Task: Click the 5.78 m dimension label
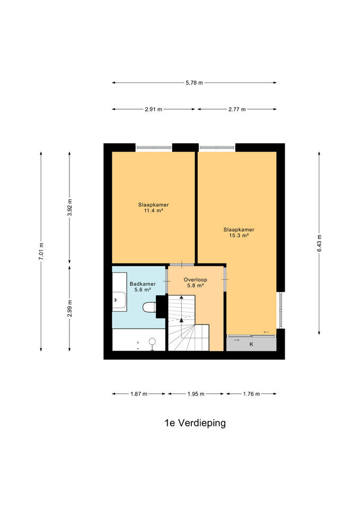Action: point(194,83)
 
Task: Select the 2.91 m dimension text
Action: point(153,109)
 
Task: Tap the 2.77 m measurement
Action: point(236,109)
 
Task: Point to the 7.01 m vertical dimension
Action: point(41,251)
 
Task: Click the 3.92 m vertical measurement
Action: point(69,207)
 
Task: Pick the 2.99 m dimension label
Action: point(69,309)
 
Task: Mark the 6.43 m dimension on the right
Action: point(319,243)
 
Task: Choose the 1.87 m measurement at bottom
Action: point(139,394)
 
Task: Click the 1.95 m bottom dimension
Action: point(196,394)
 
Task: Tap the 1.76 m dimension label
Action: point(251,394)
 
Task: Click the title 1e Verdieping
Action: point(195,423)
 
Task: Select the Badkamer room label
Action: point(143,284)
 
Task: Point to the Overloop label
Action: point(196,279)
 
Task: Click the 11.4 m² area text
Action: point(153,210)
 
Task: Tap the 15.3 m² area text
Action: point(239,235)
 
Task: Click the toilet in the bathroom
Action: point(150,307)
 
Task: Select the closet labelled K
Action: point(251,344)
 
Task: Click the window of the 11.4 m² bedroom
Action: point(154,148)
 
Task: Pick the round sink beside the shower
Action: point(152,341)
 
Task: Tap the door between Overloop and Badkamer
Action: point(167,280)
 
